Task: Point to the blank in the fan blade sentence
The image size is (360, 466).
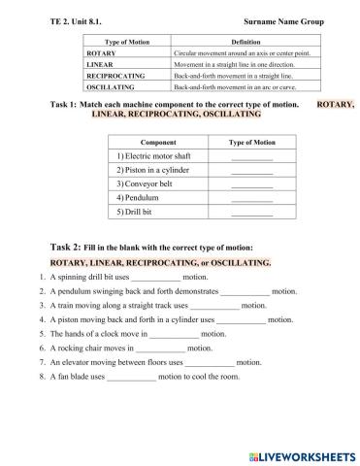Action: pos(132,376)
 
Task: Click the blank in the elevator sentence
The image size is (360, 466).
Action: pos(210,361)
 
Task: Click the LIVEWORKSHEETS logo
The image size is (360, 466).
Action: pos(300,453)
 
